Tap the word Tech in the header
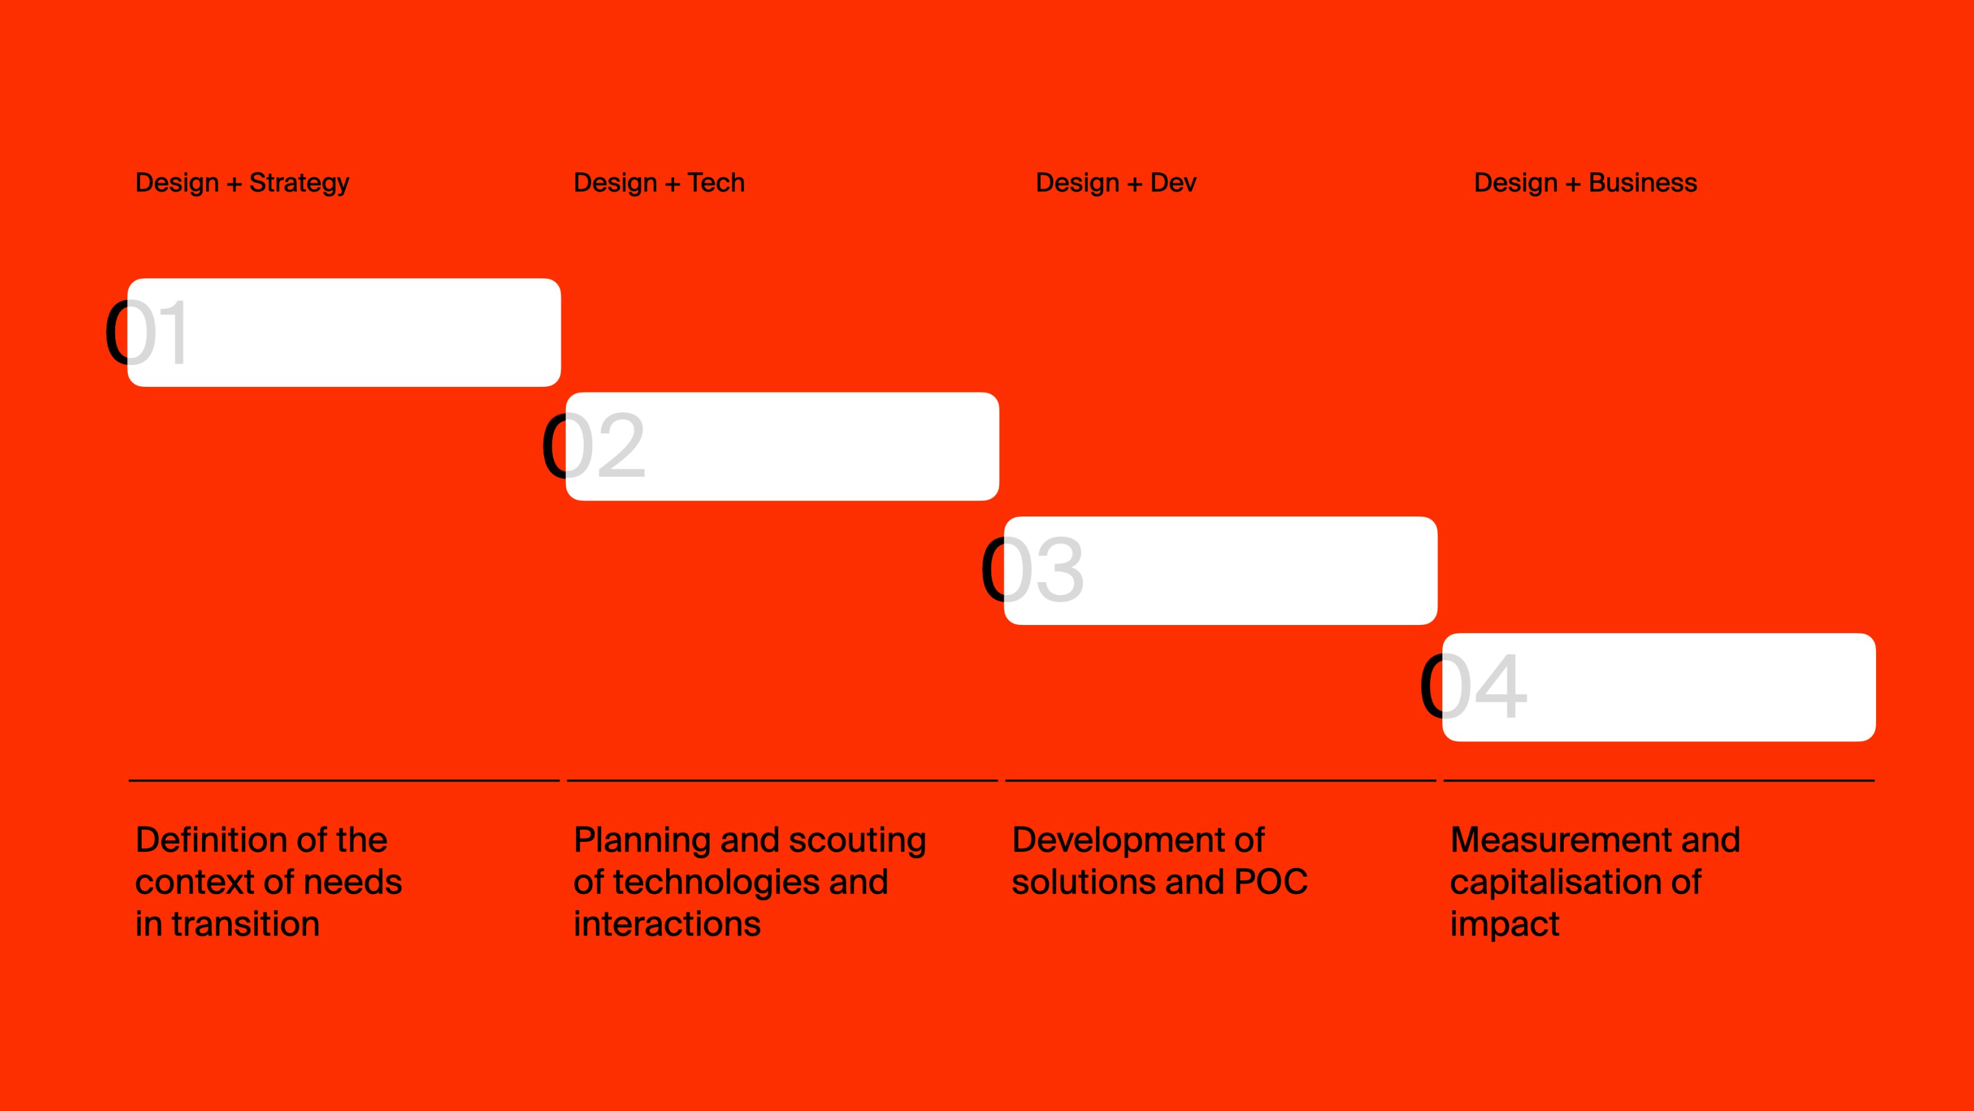(716, 182)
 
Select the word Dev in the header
(1173, 182)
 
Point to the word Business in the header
(1643, 182)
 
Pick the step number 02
(594, 446)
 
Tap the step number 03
(1032, 570)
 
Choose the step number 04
(1473, 686)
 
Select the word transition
(245, 924)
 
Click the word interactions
(667, 924)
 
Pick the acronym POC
(1271, 882)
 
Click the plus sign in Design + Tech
(672, 184)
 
